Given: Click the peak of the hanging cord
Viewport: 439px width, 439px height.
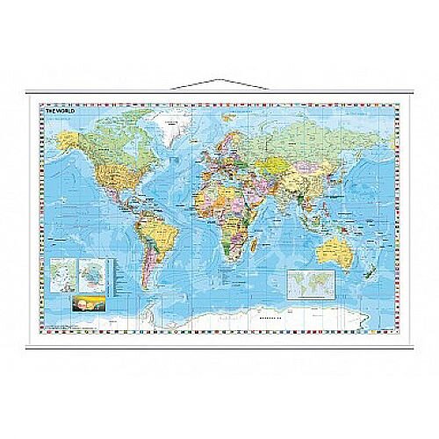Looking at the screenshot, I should coord(219,80).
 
